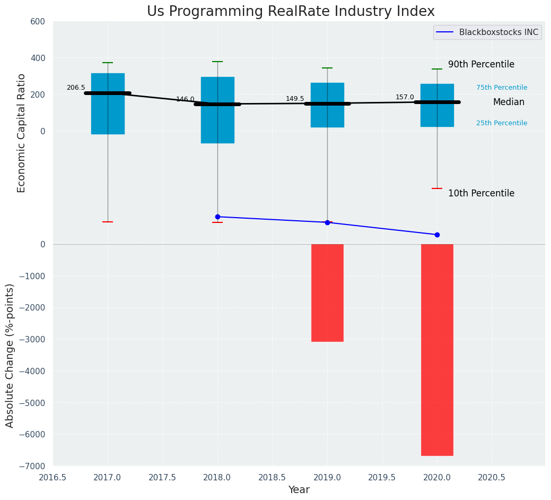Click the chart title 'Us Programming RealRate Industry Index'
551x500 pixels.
tap(291, 12)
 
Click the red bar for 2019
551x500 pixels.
tap(327, 292)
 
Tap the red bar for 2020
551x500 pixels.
tap(437, 349)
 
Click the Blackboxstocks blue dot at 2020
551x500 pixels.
tap(437, 235)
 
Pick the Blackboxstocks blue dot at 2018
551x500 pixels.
tap(217, 217)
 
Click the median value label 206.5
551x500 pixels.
tap(76, 88)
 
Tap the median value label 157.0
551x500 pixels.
tap(405, 97)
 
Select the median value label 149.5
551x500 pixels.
tap(295, 99)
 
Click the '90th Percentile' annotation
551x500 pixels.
tap(481, 64)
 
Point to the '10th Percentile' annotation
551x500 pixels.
tap(481, 193)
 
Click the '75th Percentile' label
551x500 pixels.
tap(502, 88)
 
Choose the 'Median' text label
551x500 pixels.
tap(509, 102)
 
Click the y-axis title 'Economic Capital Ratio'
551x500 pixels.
tap(22, 133)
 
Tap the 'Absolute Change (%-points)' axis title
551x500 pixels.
tap(10, 355)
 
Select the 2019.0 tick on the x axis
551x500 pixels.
tap(327, 477)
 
